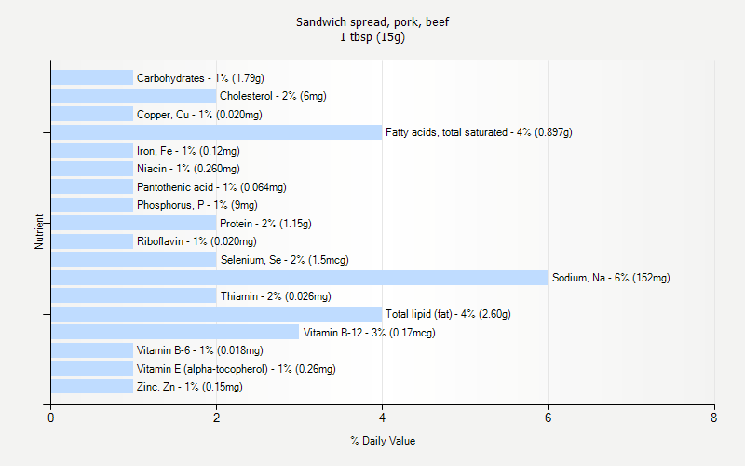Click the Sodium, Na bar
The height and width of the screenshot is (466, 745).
[x=299, y=278]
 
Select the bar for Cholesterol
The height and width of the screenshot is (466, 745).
[x=133, y=96]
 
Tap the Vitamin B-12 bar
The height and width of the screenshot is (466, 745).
[x=175, y=333]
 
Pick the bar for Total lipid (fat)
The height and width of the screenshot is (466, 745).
[x=216, y=314]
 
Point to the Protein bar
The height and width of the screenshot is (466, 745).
[x=133, y=224]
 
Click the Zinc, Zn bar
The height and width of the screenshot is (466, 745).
[x=92, y=387]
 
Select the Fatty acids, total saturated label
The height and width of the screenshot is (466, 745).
[x=479, y=132]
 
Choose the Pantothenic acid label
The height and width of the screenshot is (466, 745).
[x=211, y=187]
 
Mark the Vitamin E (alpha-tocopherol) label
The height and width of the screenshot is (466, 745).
[x=236, y=369]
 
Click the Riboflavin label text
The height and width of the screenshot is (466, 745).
[x=196, y=241]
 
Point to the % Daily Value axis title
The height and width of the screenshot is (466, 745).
[x=383, y=441]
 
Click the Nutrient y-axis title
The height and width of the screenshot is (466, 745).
[x=40, y=232]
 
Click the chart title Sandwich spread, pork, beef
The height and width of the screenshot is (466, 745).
[x=372, y=21]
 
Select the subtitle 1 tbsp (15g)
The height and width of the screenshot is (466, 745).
[x=372, y=37]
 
